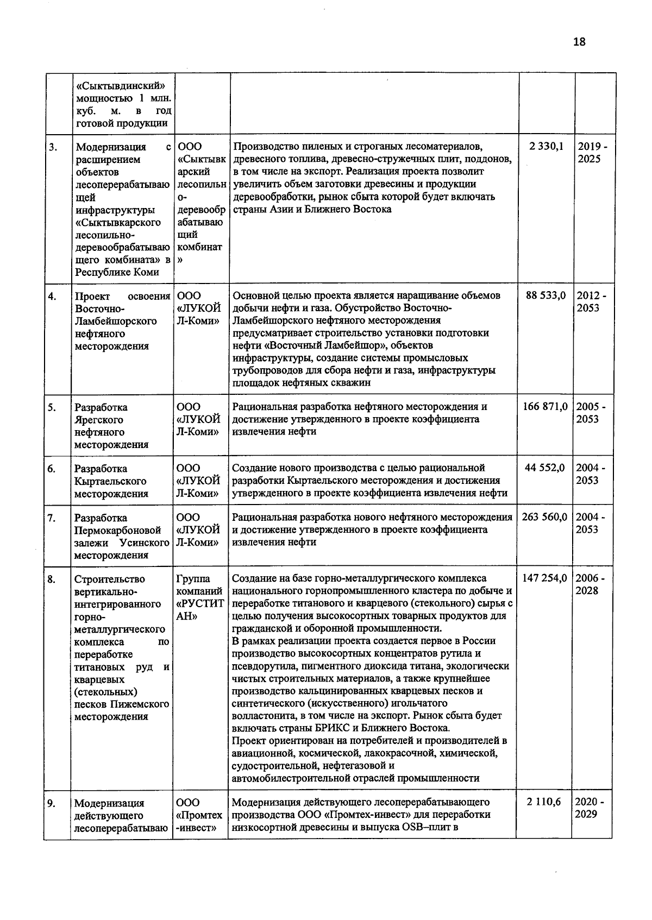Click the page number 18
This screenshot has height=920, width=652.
pos(579,42)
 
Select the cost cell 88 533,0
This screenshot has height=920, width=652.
pos(546,295)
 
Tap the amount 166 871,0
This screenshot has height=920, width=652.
pos(545,406)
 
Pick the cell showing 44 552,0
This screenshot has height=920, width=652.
pos(545,468)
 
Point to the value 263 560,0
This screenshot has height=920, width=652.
pos(545,517)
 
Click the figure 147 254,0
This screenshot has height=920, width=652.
pos(545,578)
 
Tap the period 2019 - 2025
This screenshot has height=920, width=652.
pos(592,153)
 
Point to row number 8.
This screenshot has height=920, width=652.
pos(52,579)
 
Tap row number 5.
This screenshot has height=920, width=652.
pos(52,407)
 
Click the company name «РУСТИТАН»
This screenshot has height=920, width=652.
pos(200,610)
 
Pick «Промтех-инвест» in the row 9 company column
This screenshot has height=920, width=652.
pos(199,821)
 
